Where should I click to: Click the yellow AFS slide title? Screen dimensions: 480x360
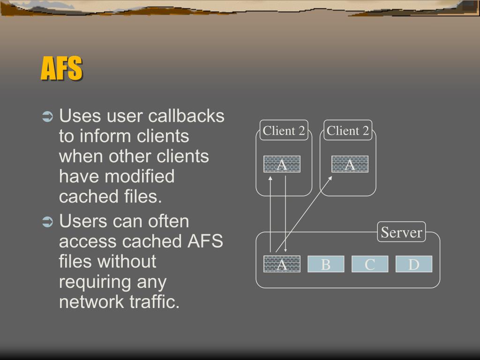pyautogui.click(x=61, y=69)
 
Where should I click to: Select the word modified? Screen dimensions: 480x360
pyautogui.click(x=140, y=177)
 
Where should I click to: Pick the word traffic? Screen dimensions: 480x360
pyautogui.click(x=154, y=302)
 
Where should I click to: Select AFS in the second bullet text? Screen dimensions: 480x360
pyautogui.click(x=205, y=241)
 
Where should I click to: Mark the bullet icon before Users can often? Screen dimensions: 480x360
pyautogui.click(x=48, y=222)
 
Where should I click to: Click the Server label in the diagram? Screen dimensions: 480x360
pyautogui.click(x=401, y=232)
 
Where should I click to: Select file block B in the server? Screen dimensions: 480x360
pyautogui.click(x=326, y=264)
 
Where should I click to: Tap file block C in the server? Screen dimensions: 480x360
pyautogui.click(x=370, y=264)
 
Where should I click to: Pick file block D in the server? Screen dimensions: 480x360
pyautogui.click(x=413, y=264)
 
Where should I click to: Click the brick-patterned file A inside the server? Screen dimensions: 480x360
pyautogui.click(x=282, y=264)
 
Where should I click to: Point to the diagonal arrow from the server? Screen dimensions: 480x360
pyautogui.click(x=304, y=214)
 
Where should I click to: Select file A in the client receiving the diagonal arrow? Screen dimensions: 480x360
pyautogui.click(x=350, y=165)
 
